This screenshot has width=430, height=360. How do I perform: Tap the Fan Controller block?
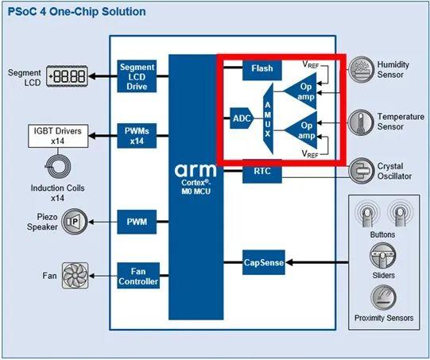(138, 275)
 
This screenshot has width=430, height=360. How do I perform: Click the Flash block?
(262, 68)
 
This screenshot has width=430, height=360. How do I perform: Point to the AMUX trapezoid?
(268, 118)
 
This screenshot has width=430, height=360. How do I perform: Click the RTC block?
(262, 170)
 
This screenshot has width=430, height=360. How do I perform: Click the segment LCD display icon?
(68, 76)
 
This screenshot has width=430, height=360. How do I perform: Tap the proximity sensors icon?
(382, 298)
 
